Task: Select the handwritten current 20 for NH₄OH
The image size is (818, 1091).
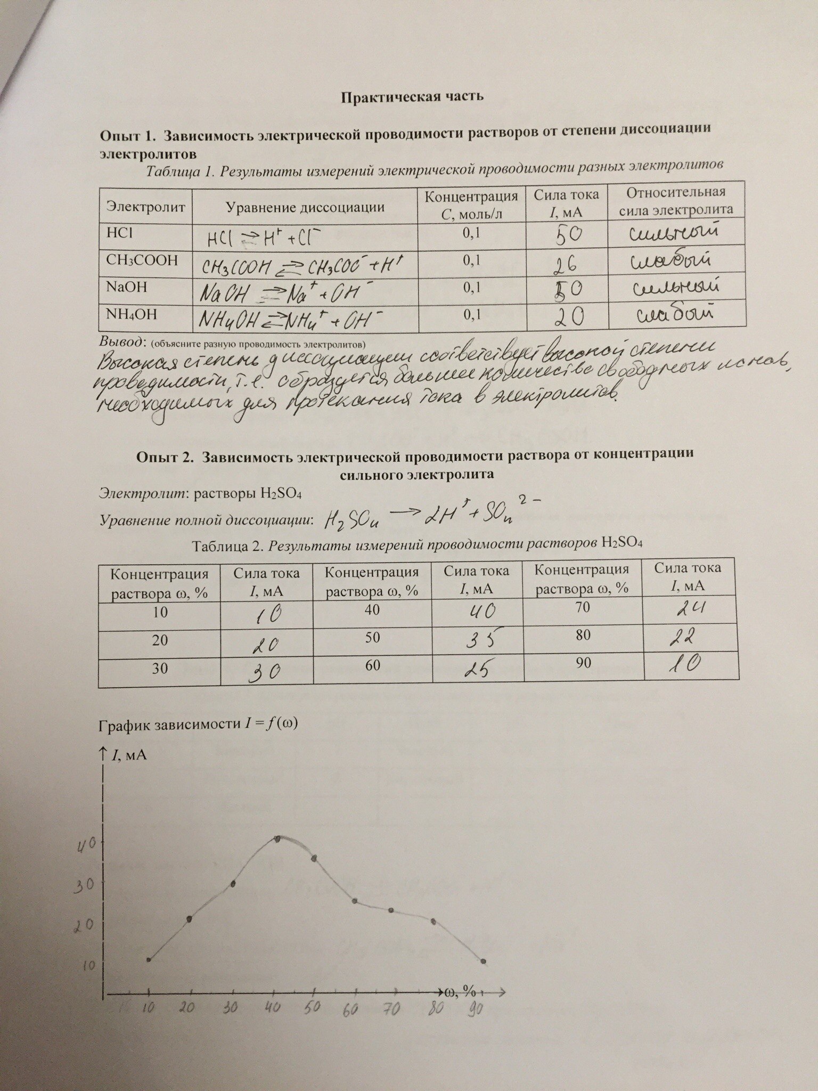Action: [568, 318]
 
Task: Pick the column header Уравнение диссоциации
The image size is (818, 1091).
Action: [305, 207]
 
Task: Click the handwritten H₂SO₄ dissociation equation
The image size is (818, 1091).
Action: [431, 516]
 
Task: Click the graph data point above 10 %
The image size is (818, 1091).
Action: [149, 960]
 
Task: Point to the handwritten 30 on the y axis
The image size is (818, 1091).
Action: [84, 884]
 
